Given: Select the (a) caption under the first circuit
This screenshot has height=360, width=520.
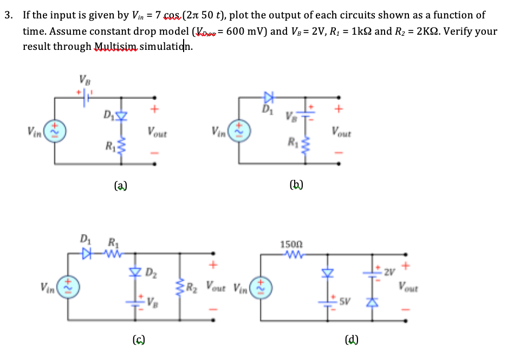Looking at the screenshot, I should coord(121,186).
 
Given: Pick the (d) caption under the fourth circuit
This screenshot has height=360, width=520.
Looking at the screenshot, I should coord(352,340).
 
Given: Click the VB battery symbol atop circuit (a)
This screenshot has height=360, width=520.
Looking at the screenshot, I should coord(86,99).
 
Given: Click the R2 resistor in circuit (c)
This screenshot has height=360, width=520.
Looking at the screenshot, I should coord(175,282).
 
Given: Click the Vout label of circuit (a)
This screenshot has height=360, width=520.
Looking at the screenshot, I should coord(157,132).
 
